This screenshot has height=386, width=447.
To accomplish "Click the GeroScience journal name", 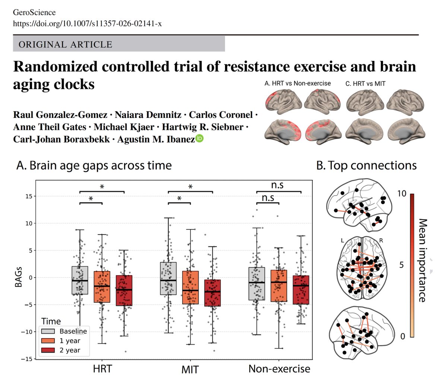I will point(34,13).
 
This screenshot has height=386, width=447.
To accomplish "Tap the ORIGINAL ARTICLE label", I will point(65,45).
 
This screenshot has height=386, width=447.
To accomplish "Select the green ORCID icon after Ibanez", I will point(200,138).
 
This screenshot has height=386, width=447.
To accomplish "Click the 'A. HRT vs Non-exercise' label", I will point(297,83).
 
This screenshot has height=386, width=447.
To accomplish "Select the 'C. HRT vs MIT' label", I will point(365,83).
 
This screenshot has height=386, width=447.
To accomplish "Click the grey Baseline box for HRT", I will point(80,280).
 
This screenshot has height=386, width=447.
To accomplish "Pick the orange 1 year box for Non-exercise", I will point(279,286).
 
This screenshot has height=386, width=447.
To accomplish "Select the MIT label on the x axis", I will point(190,370).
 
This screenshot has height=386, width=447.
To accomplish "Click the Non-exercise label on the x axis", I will point(279,369).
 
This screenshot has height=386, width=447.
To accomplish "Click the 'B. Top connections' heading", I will point(366,165).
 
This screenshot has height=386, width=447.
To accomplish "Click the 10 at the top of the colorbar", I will point(402,193).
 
